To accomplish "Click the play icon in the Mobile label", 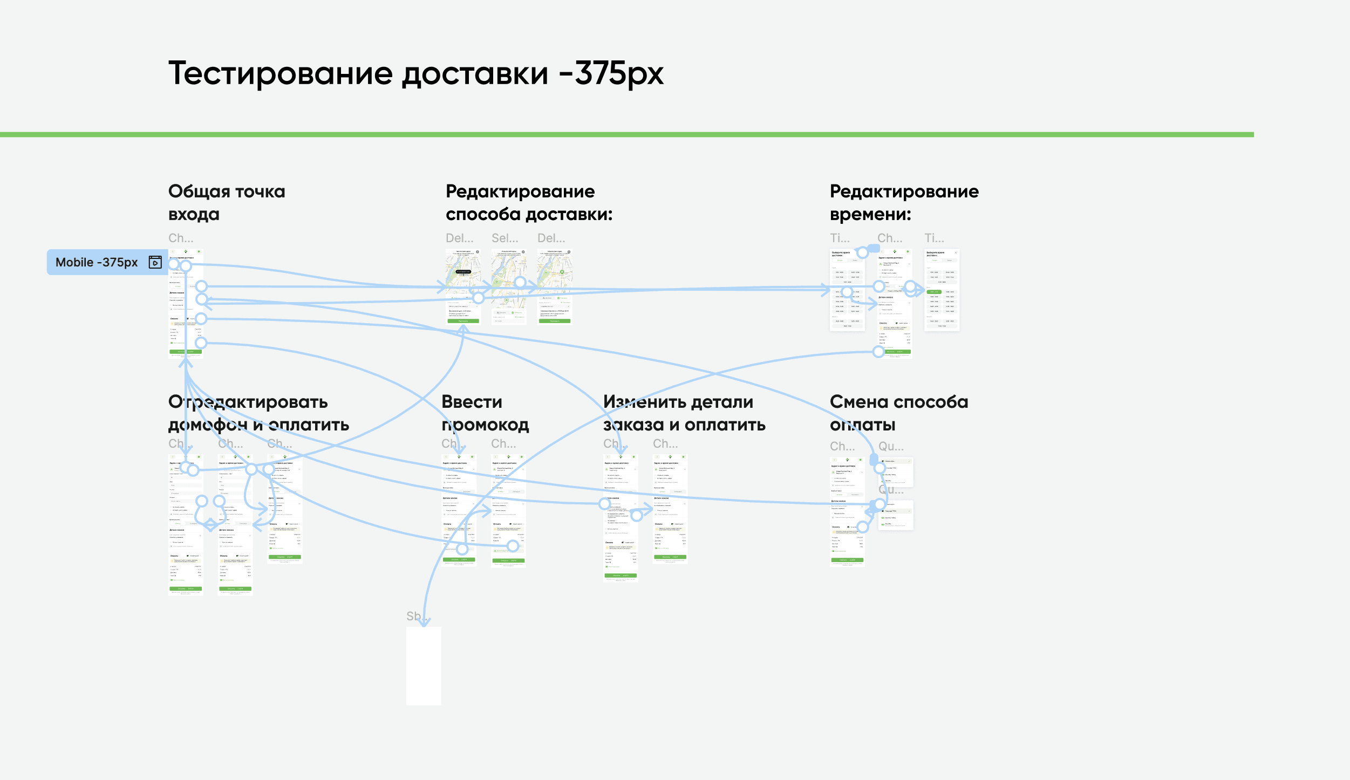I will coord(155,262).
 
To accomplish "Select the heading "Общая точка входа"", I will coord(227,202).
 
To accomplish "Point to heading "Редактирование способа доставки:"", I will coord(529,202).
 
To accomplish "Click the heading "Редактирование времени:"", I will coord(904,202).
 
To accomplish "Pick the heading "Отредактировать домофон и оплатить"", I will coord(258,413).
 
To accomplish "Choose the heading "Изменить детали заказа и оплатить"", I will coord(684,413).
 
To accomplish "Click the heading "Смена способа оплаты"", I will coord(898,413).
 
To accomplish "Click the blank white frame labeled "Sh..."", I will coord(424,666).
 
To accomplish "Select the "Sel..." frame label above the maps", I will coord(504,238).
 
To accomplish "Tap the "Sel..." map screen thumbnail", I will coord(508,286).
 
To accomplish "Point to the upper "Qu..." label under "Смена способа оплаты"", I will coord(891,446).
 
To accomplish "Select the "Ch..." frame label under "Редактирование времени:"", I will coord(889,238).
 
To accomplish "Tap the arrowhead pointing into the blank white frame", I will coord(425,622).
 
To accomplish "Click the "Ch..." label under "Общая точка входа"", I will coord(181,238).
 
